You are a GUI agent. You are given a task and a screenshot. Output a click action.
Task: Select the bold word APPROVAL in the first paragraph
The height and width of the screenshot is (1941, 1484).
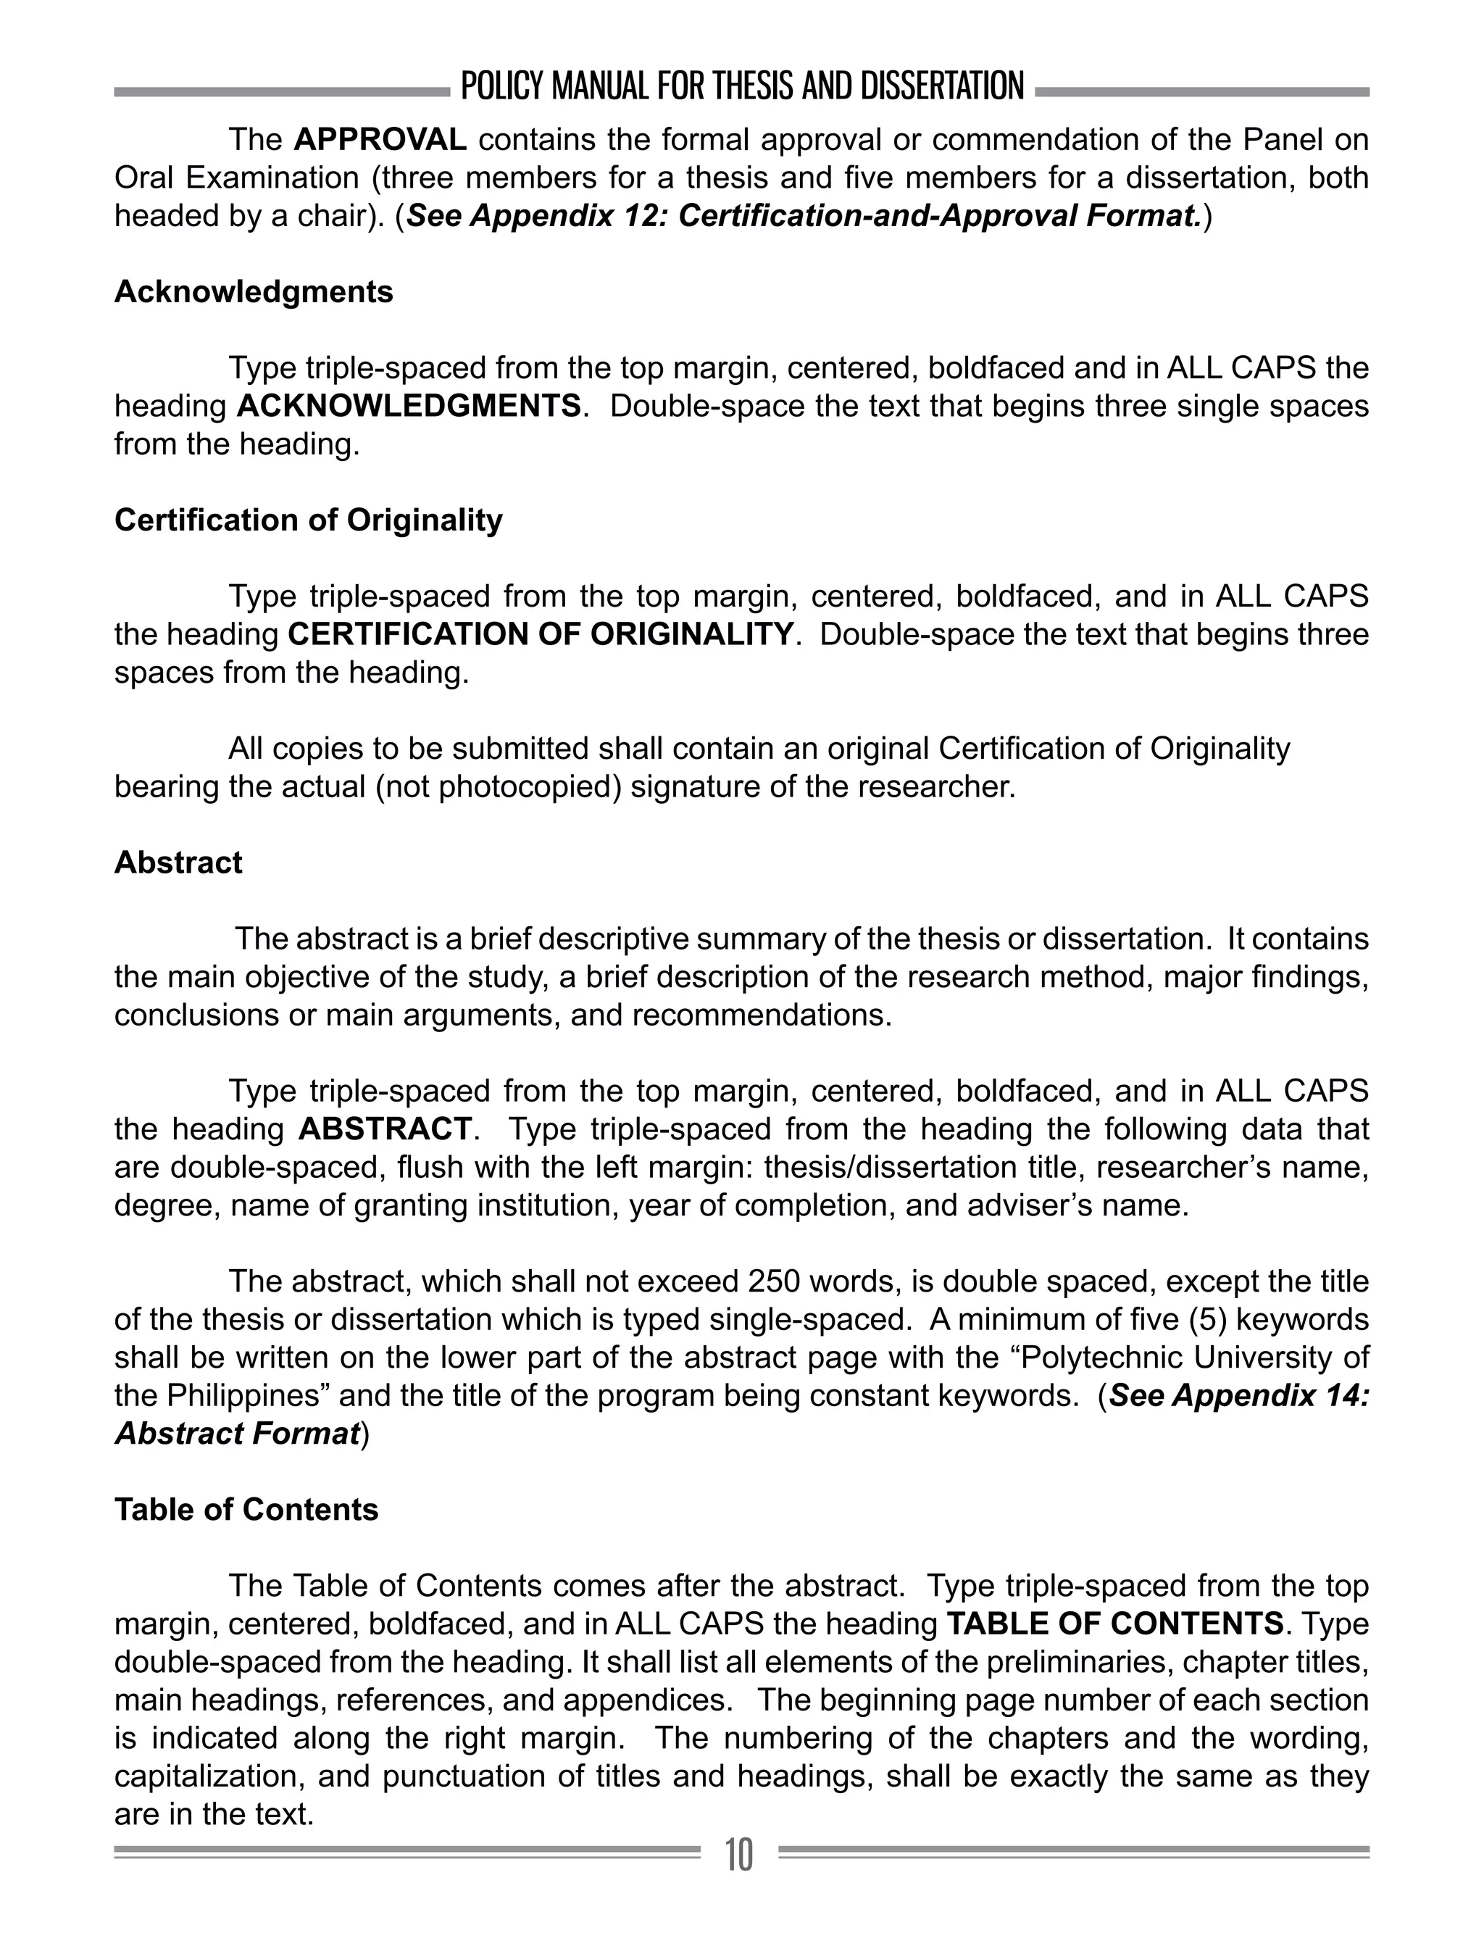pos(380,140)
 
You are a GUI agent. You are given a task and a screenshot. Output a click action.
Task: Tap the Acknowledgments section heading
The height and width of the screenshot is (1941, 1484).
pos(254,291)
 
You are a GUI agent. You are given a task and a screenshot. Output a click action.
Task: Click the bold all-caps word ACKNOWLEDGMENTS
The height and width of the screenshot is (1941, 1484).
pos(409,407)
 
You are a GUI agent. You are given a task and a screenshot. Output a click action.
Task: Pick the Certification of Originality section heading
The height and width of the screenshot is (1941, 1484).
pos(308,520)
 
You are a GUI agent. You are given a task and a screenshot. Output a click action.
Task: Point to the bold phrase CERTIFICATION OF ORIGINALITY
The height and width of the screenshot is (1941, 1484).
pos(541,634)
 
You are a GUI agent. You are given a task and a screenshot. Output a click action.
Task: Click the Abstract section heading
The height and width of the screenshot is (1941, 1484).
pos(178,863)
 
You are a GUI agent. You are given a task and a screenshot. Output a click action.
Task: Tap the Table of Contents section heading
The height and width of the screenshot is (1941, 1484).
pos(246,1510)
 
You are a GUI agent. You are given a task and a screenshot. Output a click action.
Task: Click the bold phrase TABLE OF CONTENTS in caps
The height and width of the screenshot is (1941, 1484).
pos(1114,1624)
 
